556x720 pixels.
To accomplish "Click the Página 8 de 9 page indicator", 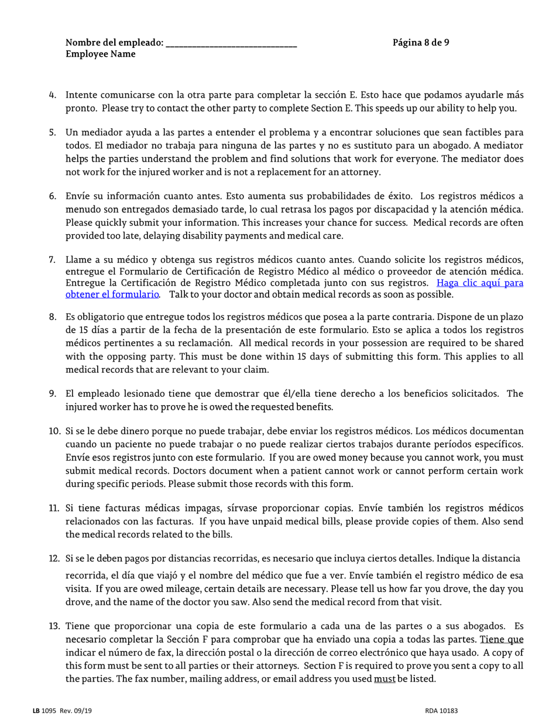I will [x=421, y=42].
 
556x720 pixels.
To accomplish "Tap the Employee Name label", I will [x=100, y=54].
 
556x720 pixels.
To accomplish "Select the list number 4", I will [x=53, y=94].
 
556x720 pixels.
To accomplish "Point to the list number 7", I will [x=53, y=259].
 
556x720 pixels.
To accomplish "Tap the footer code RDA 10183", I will [x=442, y=711].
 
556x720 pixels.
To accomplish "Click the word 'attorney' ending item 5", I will [x=361, y=172].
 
